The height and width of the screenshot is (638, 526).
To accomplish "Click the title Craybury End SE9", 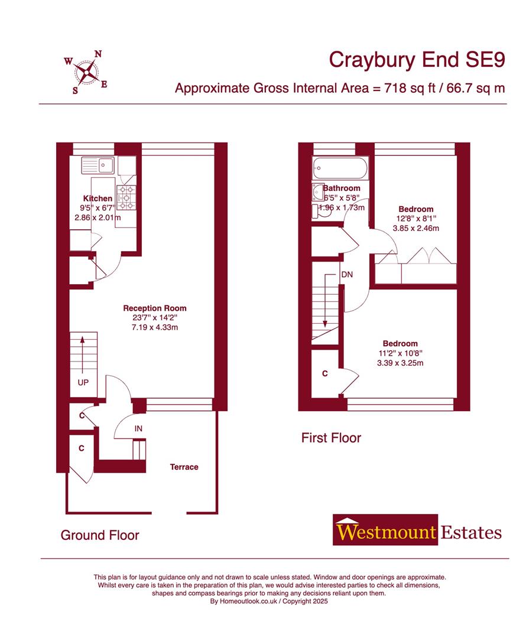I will [x=417, y=60].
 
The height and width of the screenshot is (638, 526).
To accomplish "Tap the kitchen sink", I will [x=99, y=164].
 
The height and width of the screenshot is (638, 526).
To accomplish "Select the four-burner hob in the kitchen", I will [x=126, y=197].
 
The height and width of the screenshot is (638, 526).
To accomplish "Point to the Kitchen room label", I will [x=98, y=198].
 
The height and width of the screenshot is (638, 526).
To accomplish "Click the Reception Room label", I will [x=155, y=308].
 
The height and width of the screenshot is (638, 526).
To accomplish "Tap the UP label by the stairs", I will [x=83, y=382].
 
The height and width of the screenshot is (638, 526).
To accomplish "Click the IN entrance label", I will [x=138, y=428].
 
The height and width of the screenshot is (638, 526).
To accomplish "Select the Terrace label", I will [x=184, y=467].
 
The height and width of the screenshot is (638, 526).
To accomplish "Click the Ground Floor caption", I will [x=100, y=535].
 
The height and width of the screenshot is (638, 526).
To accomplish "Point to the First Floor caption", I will [x=331, y=438].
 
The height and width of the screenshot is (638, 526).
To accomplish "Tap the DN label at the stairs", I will [x=348, y=275].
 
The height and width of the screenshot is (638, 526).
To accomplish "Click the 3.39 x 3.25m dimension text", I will [x=400, y=363].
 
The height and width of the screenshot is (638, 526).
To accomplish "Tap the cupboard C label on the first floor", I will [x=325, y=374].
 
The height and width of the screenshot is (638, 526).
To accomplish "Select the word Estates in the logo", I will [x=471, y=532].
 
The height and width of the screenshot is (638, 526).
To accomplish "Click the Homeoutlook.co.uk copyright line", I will [x=269, y=601].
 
